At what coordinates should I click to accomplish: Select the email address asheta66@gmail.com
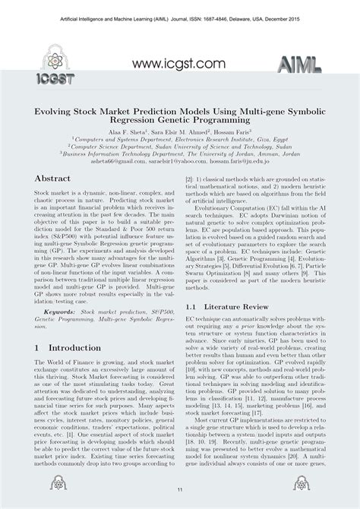tap(127, 161)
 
